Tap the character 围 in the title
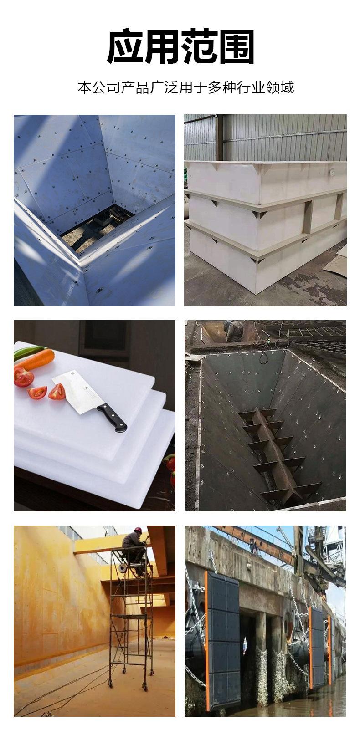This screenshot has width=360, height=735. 237,46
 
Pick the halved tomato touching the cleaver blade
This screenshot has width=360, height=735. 57,392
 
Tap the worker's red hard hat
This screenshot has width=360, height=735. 138,530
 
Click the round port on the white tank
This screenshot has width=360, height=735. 332,171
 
